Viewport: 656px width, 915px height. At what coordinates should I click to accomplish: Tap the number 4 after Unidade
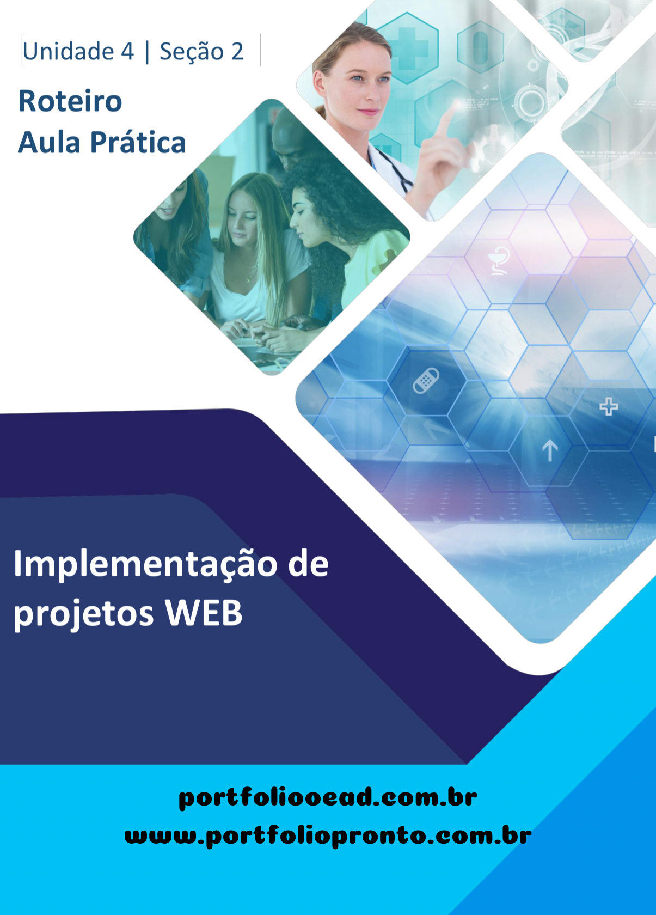pyautogui.click(x=127, y=51)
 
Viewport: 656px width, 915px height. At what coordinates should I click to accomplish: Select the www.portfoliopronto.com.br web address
pyautogui.click(x=328, y=835)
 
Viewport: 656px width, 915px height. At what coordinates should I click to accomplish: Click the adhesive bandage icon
pyautogui.click(x=426, y=381)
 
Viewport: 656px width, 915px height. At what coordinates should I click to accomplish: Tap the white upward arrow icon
pyautogui.click(x=550, y=450)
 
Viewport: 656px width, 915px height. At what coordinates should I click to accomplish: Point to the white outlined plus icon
pyautogui.click(x=609, y=406)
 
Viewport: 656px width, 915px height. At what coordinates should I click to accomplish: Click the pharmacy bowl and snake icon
pyautogui.click(x=499, y=260)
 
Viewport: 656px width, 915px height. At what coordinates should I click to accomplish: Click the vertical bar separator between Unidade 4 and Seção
pyautogui.click(x=147, y=52)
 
